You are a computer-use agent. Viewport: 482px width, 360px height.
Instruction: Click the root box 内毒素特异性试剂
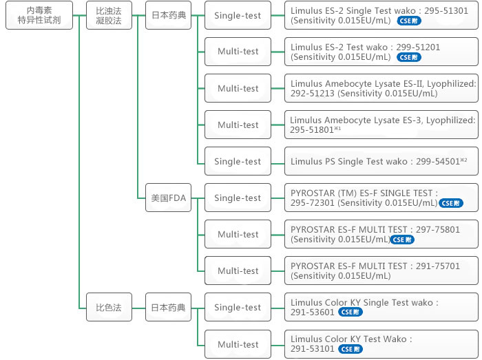(x=39, y=15)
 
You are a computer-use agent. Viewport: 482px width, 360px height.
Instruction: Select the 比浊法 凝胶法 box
(x=108, y=15)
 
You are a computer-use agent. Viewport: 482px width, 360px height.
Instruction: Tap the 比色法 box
(x=108, y=308)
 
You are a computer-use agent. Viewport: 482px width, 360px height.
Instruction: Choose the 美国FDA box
(x=169, y=198)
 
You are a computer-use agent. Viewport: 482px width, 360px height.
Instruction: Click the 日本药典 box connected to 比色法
(x=169, y=308)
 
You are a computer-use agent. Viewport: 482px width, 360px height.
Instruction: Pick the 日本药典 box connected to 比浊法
(x=169, y=15)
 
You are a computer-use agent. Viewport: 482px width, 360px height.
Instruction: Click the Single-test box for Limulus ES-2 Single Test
(x=238, y=15)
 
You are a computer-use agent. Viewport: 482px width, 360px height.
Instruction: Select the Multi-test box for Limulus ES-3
(x=238, y=125)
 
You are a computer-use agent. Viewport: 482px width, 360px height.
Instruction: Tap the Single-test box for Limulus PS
(x=238, y=161)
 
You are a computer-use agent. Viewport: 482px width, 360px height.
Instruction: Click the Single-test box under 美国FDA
(x=238, y=198)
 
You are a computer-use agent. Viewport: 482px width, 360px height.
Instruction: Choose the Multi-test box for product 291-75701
(x=238, y=271)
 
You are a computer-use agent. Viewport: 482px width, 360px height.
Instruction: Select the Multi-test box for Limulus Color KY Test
(x=238, y=344)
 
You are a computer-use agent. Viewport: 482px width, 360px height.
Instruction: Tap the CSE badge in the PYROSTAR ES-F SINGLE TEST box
(x=450, y=203)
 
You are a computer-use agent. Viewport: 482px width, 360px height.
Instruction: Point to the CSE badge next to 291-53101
(x=350, y=349)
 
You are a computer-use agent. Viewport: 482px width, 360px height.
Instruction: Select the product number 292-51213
(x=312, y=94)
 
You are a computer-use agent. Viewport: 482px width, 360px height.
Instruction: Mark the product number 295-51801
(x=312, y=130)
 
